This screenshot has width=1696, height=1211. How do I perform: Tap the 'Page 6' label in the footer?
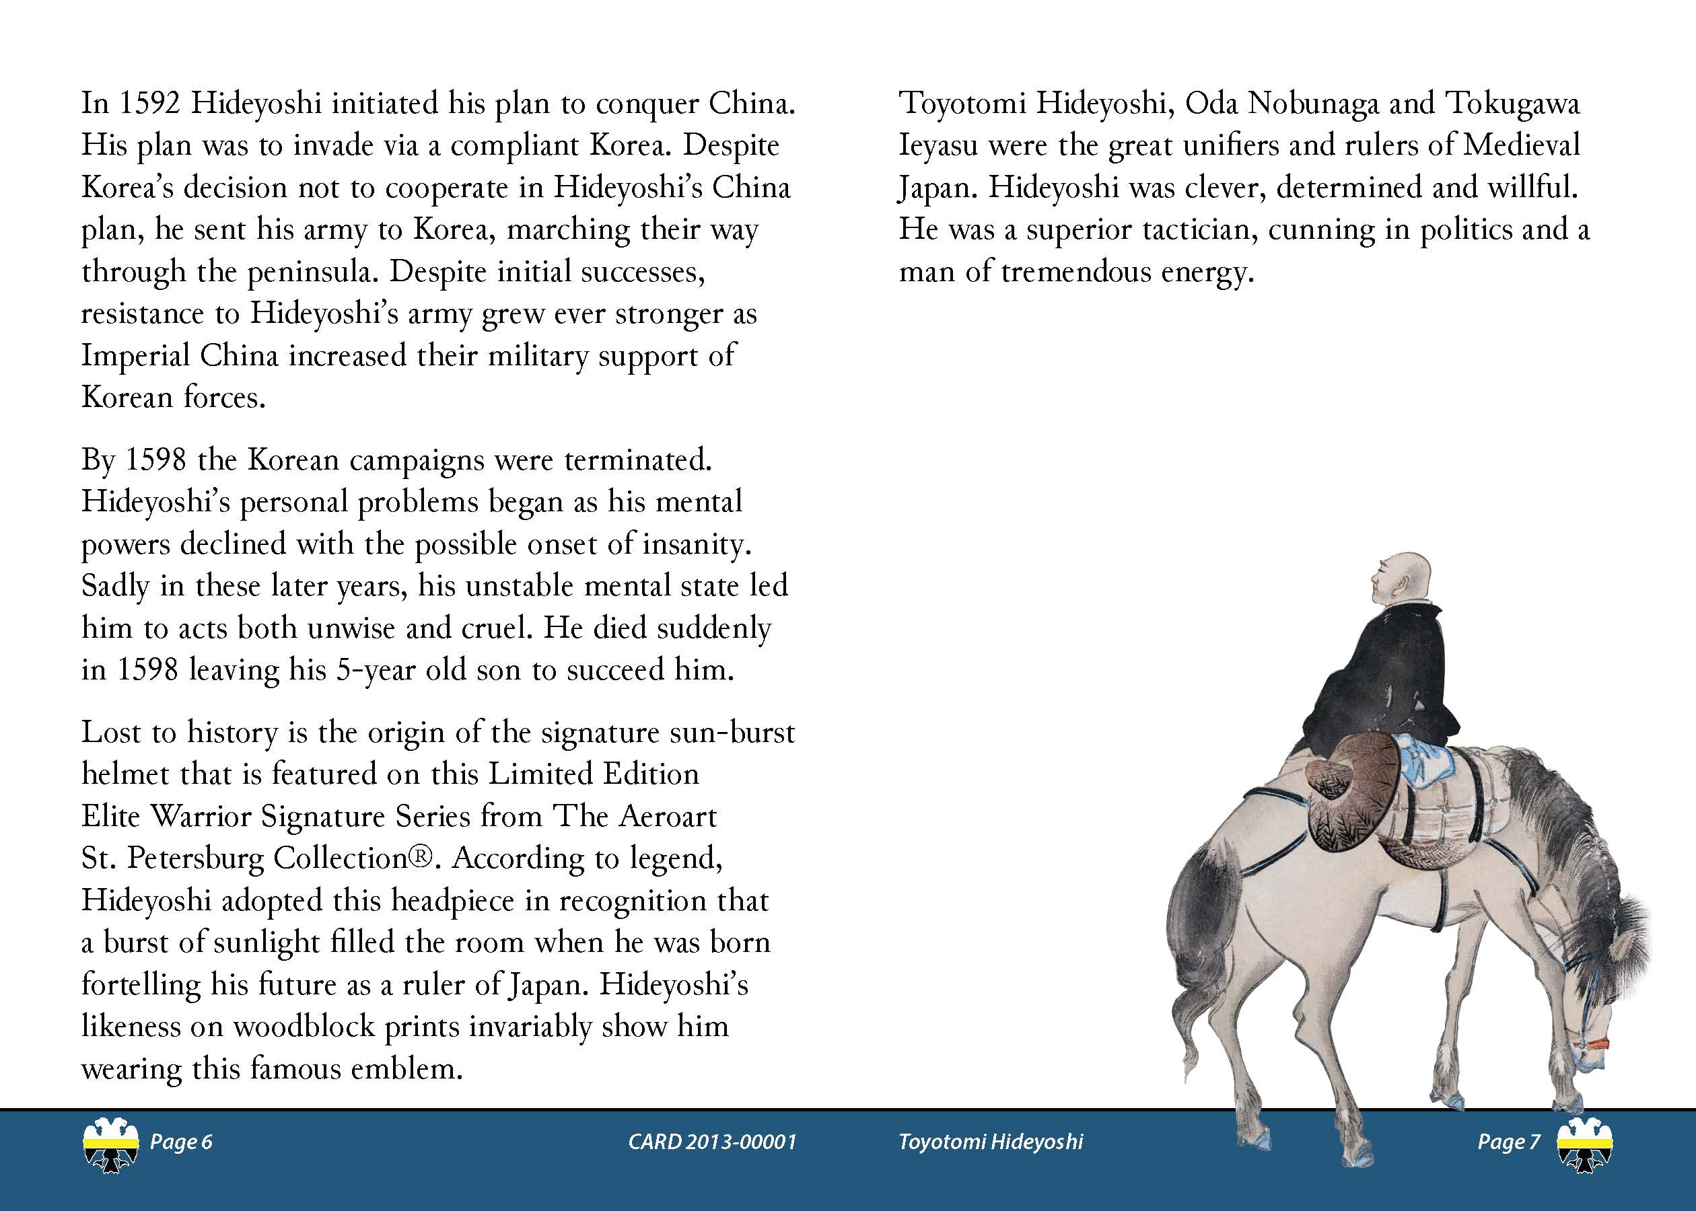pyautogui.click(x=181, y=1142)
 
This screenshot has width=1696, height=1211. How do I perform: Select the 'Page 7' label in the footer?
pyautogui.click(x=1508, y=1142)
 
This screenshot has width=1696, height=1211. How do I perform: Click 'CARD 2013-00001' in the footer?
pyautogui.click(x=712, y=1142)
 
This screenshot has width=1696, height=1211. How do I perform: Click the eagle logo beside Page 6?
pyautogui.click(x=110, y=1145)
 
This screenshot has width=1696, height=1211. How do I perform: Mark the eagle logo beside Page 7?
pyautogui.click(x=1585, y=1145)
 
